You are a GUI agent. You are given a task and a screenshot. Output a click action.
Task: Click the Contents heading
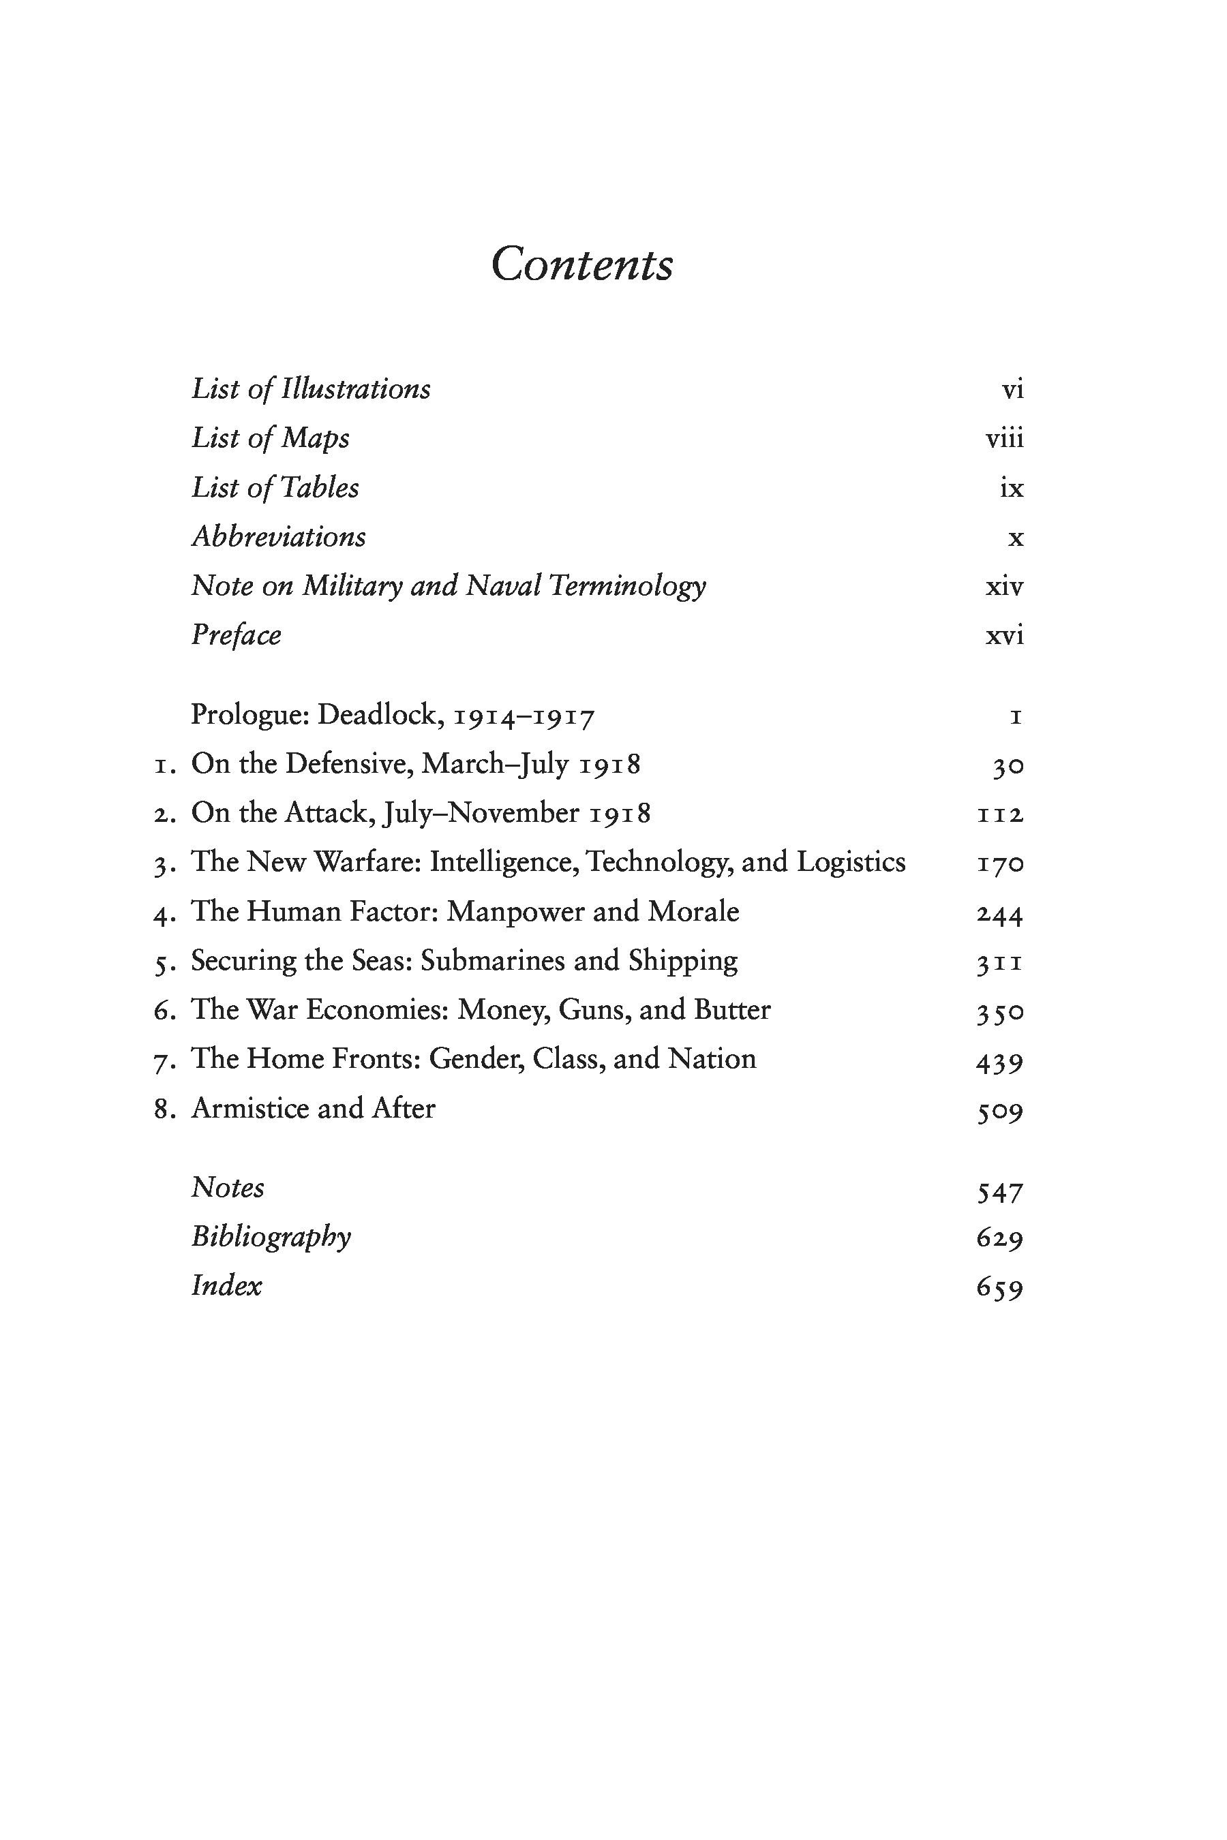[x=581, y=264]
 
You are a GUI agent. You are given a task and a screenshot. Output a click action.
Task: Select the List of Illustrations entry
[x=311, y=389]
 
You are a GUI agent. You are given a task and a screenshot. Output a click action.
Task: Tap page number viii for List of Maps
[x=1004, y=438]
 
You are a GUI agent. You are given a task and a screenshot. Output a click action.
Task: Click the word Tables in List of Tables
[x=318, y=487]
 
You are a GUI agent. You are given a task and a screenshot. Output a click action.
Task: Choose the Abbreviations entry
[x=279, y=537]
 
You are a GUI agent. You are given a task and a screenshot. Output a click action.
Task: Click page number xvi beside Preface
[x=1004, y=635]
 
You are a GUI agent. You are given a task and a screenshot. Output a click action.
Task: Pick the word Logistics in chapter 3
[x=851, y=862]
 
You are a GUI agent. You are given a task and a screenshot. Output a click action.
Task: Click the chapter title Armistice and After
[x=313, y=1109]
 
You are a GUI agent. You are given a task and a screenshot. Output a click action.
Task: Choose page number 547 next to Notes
[x=999, y=1191]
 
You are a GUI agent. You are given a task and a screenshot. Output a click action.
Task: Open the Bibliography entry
[x=271, y=1237]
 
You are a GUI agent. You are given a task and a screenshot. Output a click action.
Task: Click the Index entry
[x=226, y=1285]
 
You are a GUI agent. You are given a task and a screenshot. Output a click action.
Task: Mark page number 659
[x=999, y=1287]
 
